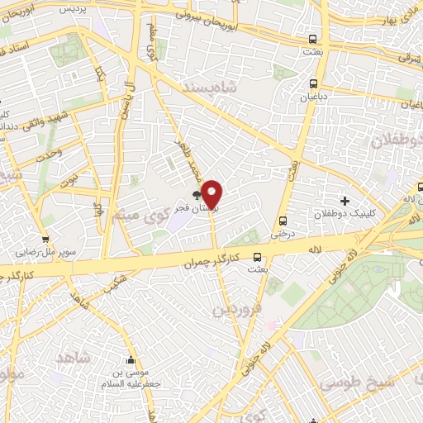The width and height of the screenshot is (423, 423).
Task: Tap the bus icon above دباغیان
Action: point(312,83)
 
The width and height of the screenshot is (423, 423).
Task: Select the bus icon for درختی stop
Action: point(283,221)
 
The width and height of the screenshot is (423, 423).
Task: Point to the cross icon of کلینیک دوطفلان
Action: point(344,201)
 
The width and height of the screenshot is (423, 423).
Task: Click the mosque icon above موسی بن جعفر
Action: point(131,361)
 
